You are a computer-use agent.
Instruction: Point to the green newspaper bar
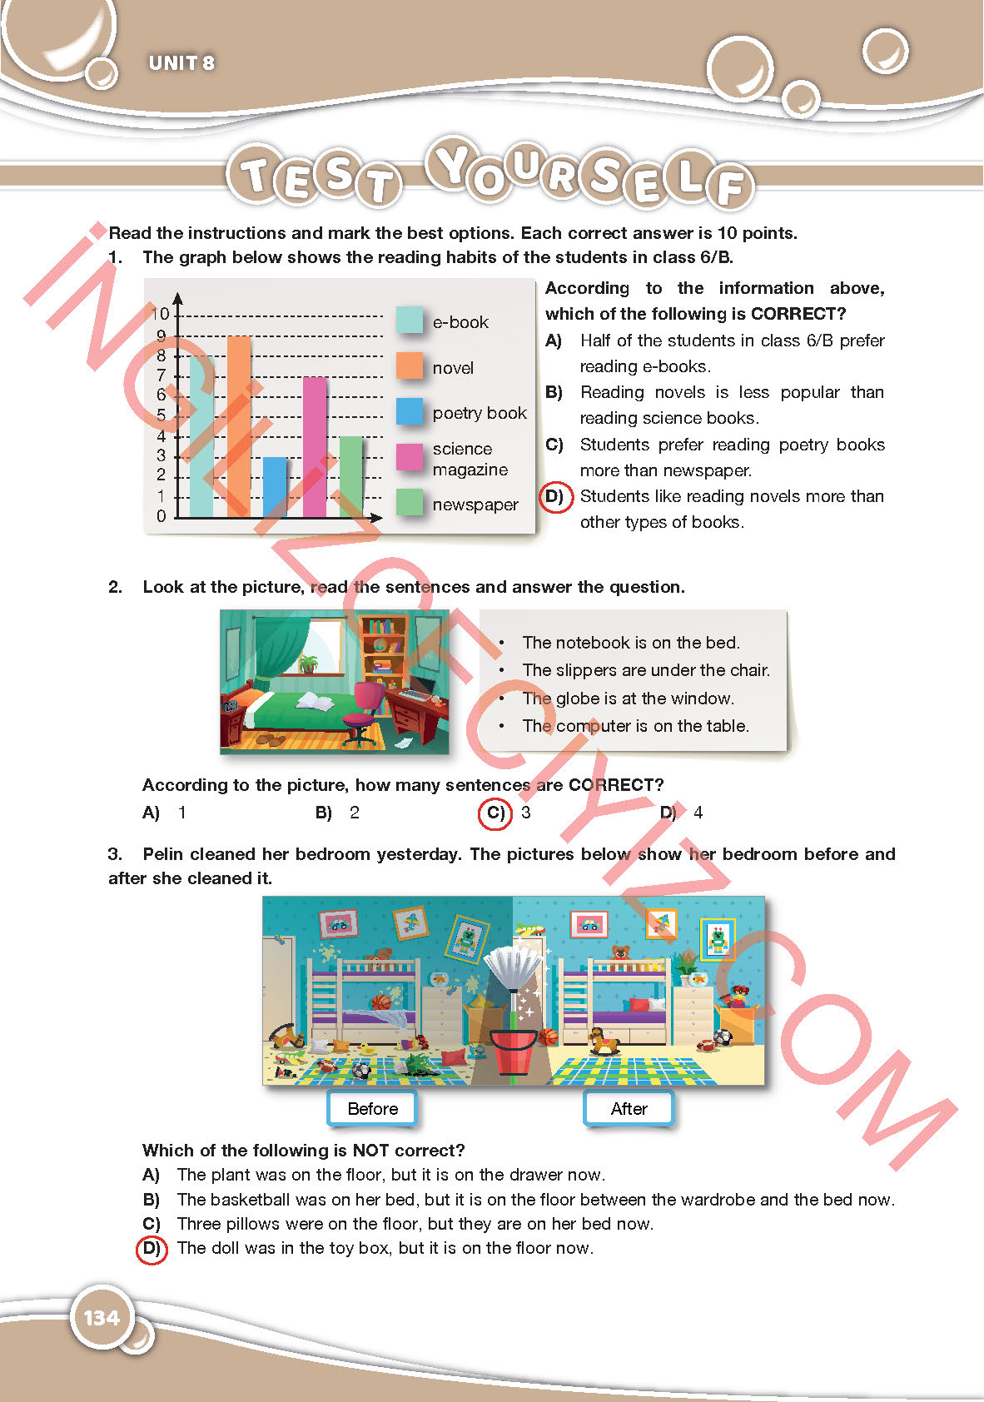click(351, 476)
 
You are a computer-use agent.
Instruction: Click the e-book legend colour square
click(409, 321)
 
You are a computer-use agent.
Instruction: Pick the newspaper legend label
click(475, 505)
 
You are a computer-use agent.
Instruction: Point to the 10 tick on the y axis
click(160, 314)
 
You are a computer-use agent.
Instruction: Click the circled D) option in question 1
click(555, 497)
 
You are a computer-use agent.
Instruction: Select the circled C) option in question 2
click(495, 813)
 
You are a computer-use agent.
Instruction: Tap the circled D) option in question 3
click(152, 1248)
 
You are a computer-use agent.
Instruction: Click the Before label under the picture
click(372, 1109)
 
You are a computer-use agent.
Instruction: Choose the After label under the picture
click(629, 1109)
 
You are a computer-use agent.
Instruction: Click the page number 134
click(102, 1318)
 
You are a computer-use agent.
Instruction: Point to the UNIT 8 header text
click(181, 63)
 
